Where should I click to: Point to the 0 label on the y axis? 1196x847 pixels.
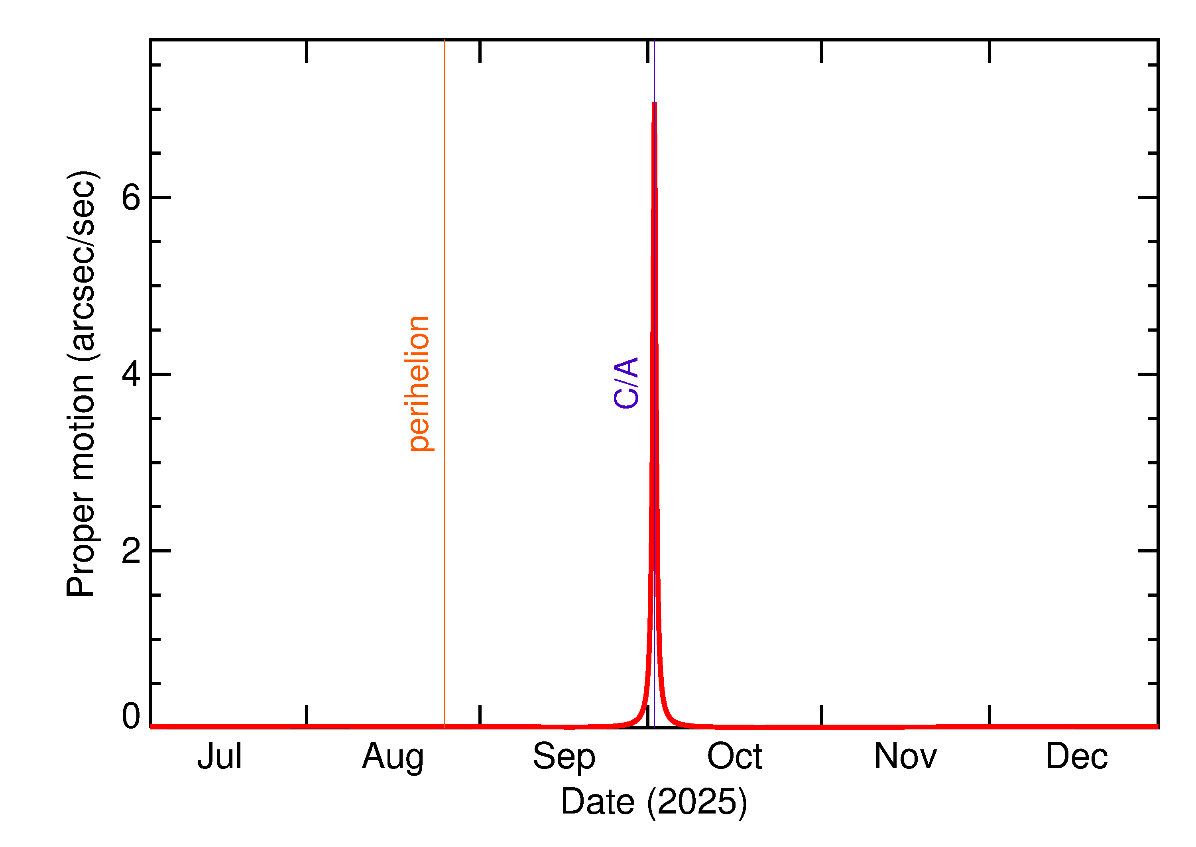[x=131, y=716]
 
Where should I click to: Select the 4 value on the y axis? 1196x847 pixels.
[x=131, y=374]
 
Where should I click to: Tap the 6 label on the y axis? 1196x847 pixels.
[x=131, y=198]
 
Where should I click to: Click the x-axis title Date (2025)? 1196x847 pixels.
[x=653, y=802]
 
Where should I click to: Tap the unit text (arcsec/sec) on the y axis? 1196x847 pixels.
[x=81, y=266]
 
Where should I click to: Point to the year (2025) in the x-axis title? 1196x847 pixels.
[x=697, y=802]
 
